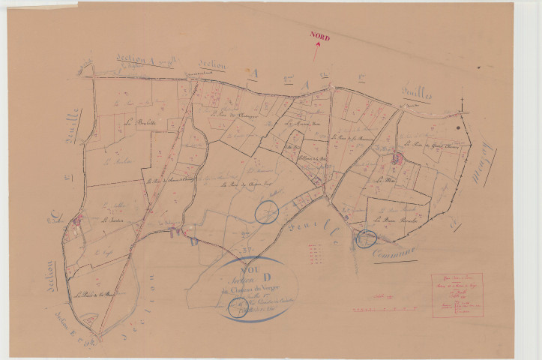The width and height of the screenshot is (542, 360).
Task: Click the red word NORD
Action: click(320, 37)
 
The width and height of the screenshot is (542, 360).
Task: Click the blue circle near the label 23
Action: click(266, 211)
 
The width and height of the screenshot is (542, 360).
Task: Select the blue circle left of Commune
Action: click(366, 238)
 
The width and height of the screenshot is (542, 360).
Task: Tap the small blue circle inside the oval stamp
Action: click(236, 306)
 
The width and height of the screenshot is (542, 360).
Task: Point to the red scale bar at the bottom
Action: click(370, 307)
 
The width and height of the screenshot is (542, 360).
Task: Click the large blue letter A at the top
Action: click(253, 73)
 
